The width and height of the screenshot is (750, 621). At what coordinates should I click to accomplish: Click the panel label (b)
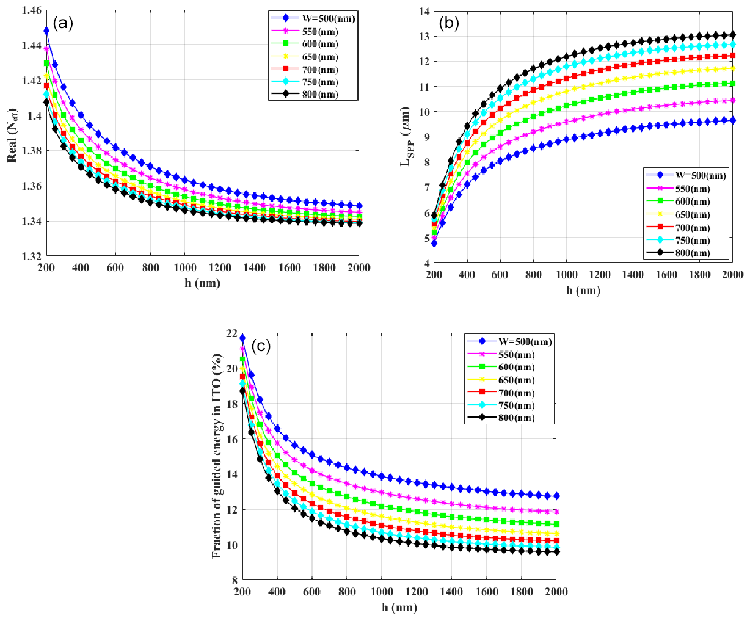point(450,24)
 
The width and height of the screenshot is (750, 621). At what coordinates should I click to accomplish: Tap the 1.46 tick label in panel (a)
point(31,10)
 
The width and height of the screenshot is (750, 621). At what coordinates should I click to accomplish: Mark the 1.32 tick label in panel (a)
point(31,256)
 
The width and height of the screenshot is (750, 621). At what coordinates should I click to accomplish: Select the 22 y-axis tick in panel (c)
point(231,333)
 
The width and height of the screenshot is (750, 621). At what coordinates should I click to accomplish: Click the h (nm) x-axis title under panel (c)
point(399,607)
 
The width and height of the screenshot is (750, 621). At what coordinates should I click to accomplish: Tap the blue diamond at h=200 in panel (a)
point(46,31)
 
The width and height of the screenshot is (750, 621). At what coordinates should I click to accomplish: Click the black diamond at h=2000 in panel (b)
point(734,35)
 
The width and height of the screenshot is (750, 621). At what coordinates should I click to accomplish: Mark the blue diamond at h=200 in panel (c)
point(242,338)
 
